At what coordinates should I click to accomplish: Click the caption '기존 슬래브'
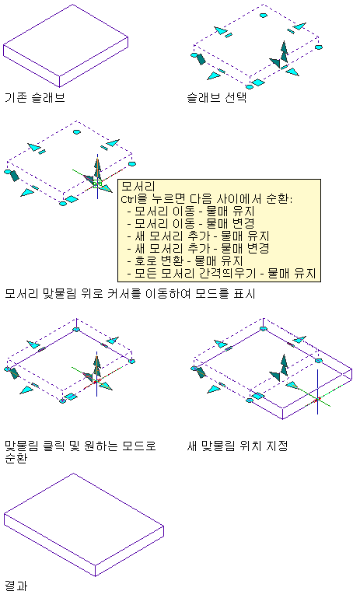(35, 97)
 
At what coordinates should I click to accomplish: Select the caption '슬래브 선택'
(217, 97)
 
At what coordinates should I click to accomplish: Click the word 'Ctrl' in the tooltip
(128, 199)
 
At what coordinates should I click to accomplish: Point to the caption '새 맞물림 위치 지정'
(237, 446)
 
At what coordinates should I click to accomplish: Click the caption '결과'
(16, 586)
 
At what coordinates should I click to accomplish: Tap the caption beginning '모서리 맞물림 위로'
(130, 294)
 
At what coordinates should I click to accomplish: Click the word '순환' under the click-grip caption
(16, 458)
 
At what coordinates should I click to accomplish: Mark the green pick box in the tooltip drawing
(97, 184)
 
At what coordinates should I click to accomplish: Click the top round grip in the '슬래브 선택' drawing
(263, 16)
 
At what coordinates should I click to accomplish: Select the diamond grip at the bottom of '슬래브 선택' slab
(258, 82)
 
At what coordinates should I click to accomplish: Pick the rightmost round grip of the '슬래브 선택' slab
(319, 47)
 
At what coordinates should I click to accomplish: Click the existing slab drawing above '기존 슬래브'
(65, 46)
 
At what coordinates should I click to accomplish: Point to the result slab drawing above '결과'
(84, 524)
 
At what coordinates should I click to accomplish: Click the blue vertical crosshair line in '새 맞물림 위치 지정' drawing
(318, 392)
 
